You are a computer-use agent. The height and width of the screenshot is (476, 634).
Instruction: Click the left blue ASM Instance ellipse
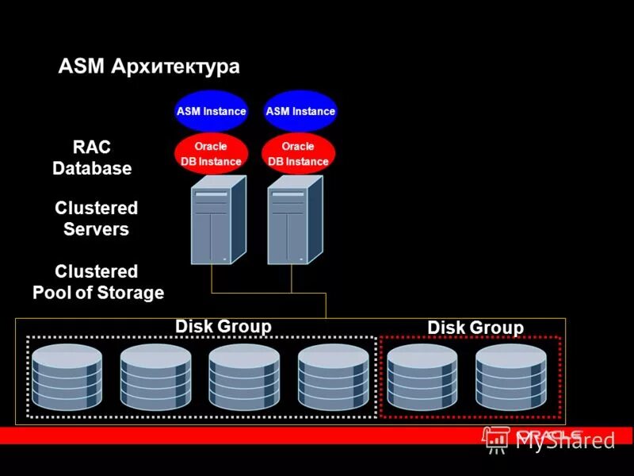tap(211, 111)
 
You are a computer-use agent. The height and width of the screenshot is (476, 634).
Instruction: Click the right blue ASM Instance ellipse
tap(300, 111)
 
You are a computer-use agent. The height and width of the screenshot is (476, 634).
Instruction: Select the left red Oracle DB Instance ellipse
tap(211, 154)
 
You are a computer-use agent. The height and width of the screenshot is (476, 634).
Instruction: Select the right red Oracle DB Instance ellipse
tap(298, 154)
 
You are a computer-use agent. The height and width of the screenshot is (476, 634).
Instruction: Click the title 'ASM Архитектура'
tap(149, 67)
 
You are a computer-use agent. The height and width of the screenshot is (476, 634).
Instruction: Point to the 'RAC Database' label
tap(92, 158)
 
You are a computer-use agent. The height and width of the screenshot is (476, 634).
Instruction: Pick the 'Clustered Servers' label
tap(96, 219)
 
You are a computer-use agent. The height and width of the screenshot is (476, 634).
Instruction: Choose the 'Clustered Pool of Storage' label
tap(98, 282)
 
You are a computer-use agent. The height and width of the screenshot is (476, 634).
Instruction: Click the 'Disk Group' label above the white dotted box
tap(223, 326)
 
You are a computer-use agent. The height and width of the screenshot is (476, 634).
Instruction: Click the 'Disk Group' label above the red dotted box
tap(475, 328)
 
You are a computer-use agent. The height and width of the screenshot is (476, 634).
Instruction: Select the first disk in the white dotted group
tap(67, 376)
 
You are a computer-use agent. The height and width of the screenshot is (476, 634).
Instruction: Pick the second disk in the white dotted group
tap(155, 376)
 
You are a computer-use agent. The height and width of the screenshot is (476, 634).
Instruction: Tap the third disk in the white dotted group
tap(244, 376)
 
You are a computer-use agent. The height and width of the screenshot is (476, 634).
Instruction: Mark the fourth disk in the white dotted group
tap(333, 376)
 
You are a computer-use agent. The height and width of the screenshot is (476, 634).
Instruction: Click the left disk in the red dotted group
tap(422, 376)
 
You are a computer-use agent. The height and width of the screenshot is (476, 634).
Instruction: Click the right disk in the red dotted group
tap(511, 376)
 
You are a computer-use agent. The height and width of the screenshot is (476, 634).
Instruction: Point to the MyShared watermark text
tap(565, 441)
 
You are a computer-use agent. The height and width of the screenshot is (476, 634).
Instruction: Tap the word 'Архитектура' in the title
tap(175, 67)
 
